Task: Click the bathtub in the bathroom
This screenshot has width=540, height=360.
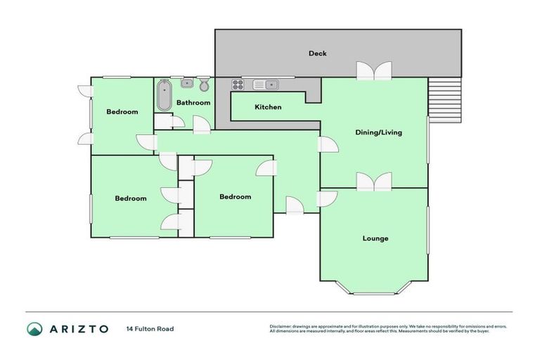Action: pyautogui.click(x=164, y=96)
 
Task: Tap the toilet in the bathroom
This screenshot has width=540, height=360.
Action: pyautogui.click(x=204, y=85)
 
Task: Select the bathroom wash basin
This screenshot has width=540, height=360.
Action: pyautogui.click(x=187, y=84)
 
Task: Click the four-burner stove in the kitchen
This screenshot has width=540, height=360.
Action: pyautogui.click(x=238, y=84)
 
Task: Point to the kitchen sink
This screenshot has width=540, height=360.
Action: pyautogui.click(x=266, y=84)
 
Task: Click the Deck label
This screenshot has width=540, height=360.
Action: pyautogui.click(x=318, y=53)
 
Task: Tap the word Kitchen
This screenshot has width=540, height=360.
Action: pyautogui.click(x=268, y=107)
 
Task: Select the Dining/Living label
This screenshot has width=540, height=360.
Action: pyautogui.click(x=379, y=132)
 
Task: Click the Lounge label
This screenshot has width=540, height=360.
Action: pyautogui.click(x=375, y=238)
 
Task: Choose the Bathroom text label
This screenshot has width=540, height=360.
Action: pyautogui.click(x=193, y=103)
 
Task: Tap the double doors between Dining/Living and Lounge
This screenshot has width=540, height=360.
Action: pyautogui.click(x=373, y=181)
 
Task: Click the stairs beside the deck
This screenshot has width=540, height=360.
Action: pyautogui.click(x=444, y=99)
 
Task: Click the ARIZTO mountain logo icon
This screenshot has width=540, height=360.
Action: pyautogui.click(x=34, y=329)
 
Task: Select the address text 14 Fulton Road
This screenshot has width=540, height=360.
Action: pyautogui.click(x=150, y=329)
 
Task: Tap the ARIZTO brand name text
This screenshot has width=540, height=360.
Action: pyautogui.click(x=79, y=329)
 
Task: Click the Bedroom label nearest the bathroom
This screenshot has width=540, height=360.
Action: pyautogui.click(x=122, y=112)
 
